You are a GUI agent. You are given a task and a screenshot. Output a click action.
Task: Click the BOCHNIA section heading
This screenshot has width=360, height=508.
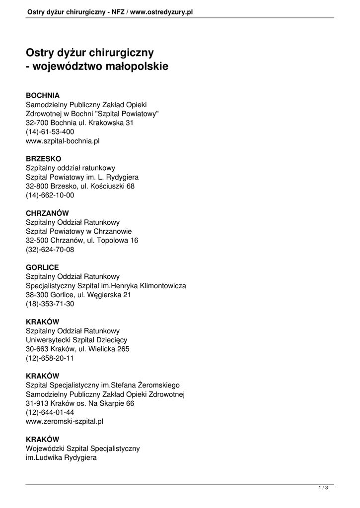point(43,95)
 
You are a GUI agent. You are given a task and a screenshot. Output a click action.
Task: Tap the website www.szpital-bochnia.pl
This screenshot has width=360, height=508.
point(63,141)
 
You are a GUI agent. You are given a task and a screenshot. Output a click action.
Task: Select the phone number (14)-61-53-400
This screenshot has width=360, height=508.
point(50,132)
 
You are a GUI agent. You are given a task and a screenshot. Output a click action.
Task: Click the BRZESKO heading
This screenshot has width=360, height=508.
point(44,159)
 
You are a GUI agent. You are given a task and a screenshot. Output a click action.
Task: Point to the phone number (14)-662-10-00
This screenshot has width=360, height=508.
point(50,195)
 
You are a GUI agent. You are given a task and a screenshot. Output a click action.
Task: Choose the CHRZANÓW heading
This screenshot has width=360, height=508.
point(47,213)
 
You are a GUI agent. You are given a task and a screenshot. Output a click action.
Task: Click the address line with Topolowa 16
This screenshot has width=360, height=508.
point(82,241)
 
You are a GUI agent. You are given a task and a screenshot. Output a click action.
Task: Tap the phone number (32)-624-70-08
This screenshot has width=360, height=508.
point(50,250)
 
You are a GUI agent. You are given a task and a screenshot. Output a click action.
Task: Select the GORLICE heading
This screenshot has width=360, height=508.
point(42,267)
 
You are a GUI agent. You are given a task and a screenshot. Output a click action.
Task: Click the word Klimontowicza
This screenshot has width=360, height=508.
point(157,286)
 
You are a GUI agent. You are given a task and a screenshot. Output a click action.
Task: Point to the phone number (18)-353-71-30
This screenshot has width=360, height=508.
point(50,304)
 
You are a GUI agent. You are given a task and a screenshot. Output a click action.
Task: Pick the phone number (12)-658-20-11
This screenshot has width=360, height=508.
point(50,358)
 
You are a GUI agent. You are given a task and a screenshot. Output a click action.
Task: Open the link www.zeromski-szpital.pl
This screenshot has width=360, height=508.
point(65,421)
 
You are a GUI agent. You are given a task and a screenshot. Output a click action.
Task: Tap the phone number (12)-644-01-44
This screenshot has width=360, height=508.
point(50,412)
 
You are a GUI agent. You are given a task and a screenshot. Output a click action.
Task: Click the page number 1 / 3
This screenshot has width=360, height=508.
point(323,488)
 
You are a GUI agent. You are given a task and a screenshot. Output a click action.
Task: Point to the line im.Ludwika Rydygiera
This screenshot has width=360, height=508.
point(61,458)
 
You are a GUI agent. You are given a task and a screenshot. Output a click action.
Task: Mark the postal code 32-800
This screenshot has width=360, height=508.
point(36,186)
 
